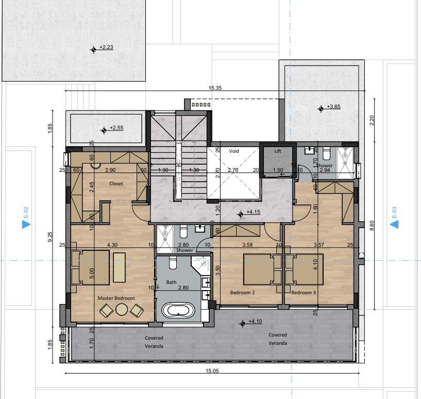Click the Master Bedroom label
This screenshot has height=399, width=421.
coord(116,298)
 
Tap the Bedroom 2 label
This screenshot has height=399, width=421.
coord(242,293)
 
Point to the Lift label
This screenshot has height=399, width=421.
coord(278,151)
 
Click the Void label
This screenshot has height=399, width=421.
coord(234,151)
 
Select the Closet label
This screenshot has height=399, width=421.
coord(116,184)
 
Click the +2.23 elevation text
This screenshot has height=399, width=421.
coord(106,47)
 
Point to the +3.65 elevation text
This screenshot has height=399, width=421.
coord(333,107)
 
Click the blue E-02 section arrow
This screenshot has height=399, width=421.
coord(24,225)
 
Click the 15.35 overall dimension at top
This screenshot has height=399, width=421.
coord(215,88)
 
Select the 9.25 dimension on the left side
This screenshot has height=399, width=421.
coord(50,237)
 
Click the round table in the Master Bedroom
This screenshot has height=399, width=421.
coord(122,310)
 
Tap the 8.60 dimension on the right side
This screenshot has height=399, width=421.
coord(373,226)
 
